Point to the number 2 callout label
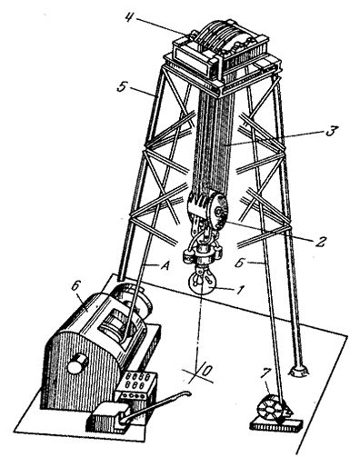[x=321, y=241]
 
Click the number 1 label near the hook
[x=239, y=290]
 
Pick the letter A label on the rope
[x=164, y=266]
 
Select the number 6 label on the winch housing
[x=75, y=286]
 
